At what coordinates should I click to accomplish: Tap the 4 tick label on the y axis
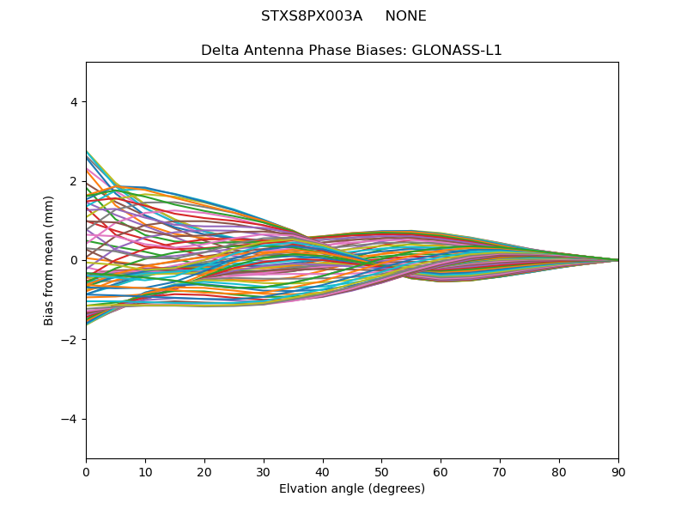74,102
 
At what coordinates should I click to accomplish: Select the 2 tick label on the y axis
74,181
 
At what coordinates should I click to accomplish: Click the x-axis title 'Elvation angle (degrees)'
352,489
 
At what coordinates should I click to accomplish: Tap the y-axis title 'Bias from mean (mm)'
50,260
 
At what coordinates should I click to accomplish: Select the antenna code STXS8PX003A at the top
312,16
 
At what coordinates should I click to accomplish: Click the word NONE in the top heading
405,16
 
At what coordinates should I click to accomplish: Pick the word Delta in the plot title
219,51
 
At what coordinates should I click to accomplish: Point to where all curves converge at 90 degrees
617,260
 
